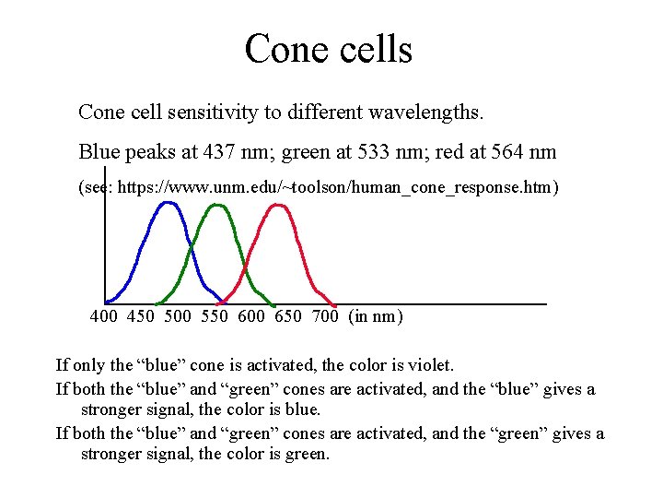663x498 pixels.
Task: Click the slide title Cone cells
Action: click(329, 48)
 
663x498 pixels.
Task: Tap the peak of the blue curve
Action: click(168, 203)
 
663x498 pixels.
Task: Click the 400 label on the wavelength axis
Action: click(104, 317)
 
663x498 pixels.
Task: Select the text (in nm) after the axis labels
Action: click(376, 317)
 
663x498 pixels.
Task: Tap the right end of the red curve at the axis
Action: click(334, 302)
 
